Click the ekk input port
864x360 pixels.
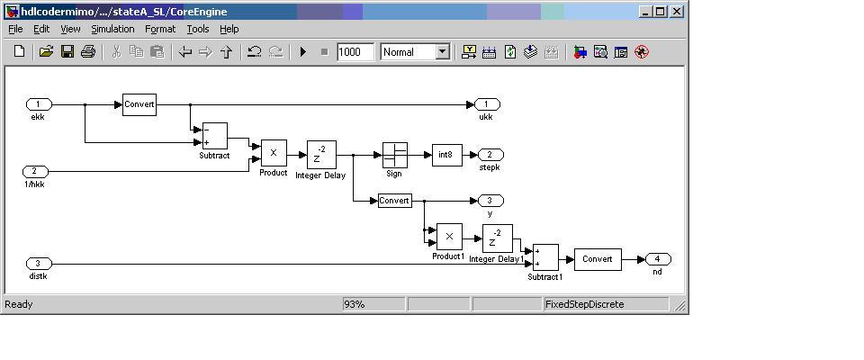[39, 104]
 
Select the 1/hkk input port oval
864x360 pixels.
[35, 172]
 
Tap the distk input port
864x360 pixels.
[39, 264]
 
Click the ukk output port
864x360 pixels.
[487, 104]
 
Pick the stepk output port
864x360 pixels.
[490, 155]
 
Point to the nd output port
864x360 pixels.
[658, 259]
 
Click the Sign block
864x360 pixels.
[395, 156]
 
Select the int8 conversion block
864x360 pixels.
[447, 156]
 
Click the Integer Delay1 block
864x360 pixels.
[498, 238]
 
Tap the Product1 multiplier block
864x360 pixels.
[449, 237]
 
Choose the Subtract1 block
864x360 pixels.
[545, 258]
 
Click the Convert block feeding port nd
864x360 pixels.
[598, 259]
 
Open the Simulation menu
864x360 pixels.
[113, 29]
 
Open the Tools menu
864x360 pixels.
[198, 29]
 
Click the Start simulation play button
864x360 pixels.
[302, 52]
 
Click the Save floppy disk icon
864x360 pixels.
[67, 52]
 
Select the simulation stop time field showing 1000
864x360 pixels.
[355, 52]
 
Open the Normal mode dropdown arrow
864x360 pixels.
[443, 52]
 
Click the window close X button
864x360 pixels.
[677, 11]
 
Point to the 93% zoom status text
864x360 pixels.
[354, 304]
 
